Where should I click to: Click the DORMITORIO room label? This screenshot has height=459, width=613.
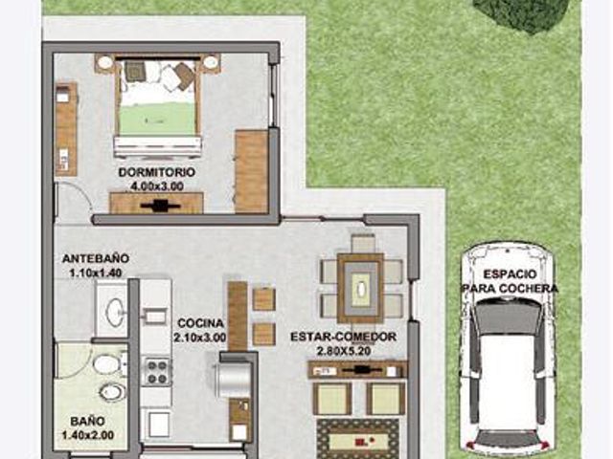157,172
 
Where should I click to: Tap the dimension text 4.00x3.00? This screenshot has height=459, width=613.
157,186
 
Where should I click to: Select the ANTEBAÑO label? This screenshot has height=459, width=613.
96,258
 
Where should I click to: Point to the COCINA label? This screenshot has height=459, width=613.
200,323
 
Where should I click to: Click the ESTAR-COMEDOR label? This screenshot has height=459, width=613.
344,337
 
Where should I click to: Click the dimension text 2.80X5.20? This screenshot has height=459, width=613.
344,351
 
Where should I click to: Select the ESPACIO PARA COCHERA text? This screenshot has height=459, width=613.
510,281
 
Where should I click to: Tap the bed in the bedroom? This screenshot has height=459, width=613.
157,106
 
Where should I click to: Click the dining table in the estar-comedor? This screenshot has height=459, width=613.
360,289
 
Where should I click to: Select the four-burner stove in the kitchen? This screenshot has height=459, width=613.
157,372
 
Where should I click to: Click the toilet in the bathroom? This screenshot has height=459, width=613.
109,363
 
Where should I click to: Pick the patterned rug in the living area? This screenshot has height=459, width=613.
357,439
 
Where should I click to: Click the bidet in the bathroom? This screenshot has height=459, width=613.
113,391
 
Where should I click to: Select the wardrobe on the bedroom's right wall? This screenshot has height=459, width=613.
252,171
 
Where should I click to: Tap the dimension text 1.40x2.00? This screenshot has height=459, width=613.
88,435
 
